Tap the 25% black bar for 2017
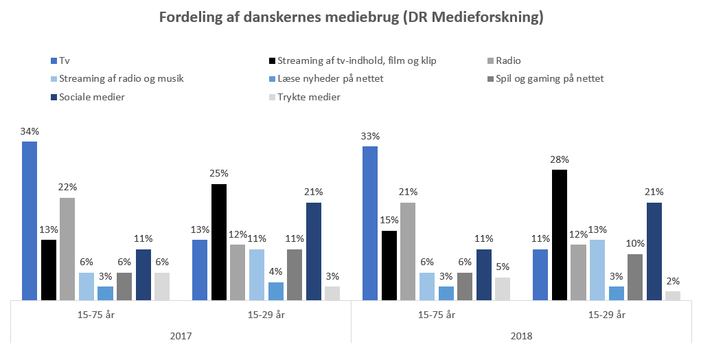point(218,243)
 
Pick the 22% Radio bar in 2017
point(67,249)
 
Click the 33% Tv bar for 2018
point(370,223)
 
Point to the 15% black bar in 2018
point(389,266)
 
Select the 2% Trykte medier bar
point(673,295)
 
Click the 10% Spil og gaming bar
point(635,277)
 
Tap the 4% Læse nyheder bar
point(275,291)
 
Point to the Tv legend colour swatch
point(54,60)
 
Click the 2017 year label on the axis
point(181,337)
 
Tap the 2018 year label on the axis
point(522,337)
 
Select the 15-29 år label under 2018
point(607,315)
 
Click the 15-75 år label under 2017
point(95,315)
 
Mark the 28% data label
point(560,159)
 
